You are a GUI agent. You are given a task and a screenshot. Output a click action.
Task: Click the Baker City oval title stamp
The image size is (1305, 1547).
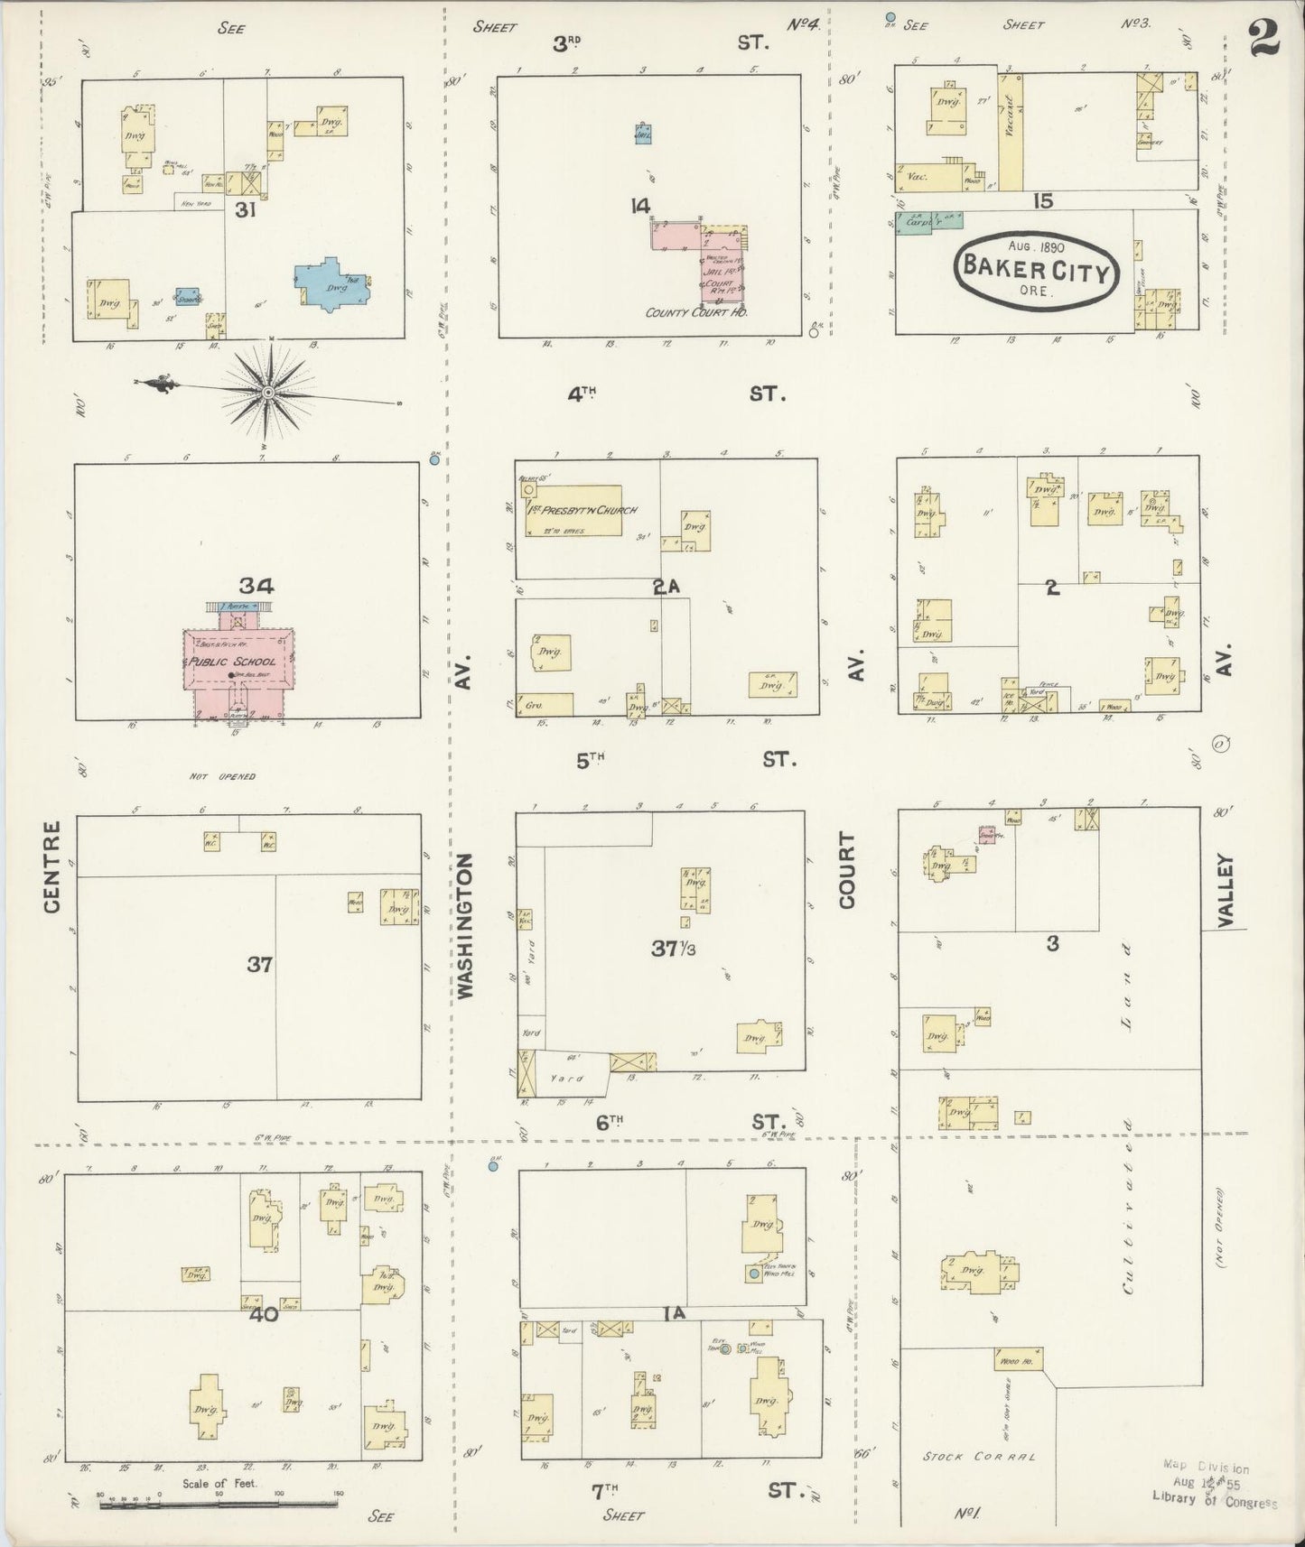click(x=1037, y=267)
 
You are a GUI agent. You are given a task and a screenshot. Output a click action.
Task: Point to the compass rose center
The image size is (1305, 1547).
click(x=268, y=393)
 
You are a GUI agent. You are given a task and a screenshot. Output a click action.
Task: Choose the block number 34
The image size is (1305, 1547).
click(x=256, y=586)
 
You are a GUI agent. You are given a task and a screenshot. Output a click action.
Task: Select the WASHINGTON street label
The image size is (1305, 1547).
click(x=465, y=926)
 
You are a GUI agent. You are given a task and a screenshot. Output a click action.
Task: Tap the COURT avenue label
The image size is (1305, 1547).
click(x=847, y=869)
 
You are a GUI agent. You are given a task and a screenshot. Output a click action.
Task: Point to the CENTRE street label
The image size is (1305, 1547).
click(x=51, y=866)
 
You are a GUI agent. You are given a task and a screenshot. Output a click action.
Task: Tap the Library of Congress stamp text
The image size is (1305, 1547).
click(x=1215, y=1503)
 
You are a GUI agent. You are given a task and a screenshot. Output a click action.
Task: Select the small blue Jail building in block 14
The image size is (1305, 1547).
click(x=642, y=133)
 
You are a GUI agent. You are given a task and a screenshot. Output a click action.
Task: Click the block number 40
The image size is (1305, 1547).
click(x=265, y=1314)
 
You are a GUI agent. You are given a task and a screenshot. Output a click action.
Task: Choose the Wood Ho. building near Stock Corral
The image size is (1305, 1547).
click(x=1018, y=1359)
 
